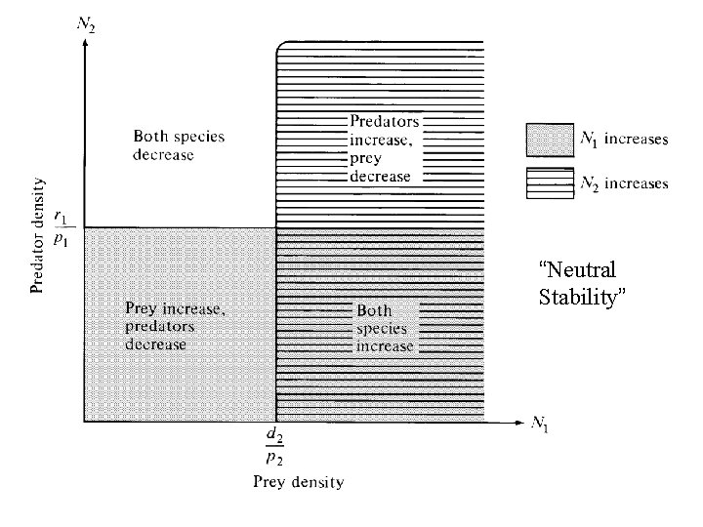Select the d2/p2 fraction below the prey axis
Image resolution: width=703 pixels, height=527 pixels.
[x=276, y=450]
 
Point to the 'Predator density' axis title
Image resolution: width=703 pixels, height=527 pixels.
[x=38, y=234]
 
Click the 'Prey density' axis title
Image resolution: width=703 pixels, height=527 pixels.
[x=298, y=481]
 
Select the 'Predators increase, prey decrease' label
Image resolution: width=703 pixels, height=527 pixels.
[x=385, y=149]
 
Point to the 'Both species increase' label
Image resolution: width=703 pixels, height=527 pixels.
[x=385, y=328]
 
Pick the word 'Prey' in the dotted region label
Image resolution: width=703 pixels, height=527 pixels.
[x=142, y=308]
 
